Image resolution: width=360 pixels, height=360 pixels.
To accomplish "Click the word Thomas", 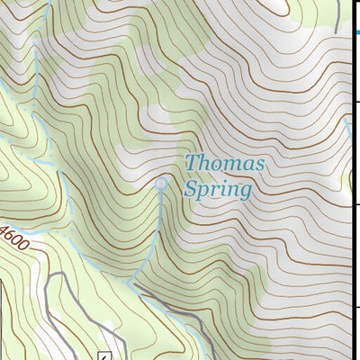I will [x=225, y=164].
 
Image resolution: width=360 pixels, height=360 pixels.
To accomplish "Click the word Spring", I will [x=217, y=189].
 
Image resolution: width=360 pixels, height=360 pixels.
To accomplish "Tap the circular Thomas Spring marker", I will [x=161, y=184].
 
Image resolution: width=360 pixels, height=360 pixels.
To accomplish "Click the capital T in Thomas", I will [x=191, y=163].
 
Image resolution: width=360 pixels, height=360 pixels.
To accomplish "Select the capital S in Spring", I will [x=190, y=189].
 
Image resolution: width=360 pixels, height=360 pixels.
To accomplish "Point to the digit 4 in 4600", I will [x=4, y=232].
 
